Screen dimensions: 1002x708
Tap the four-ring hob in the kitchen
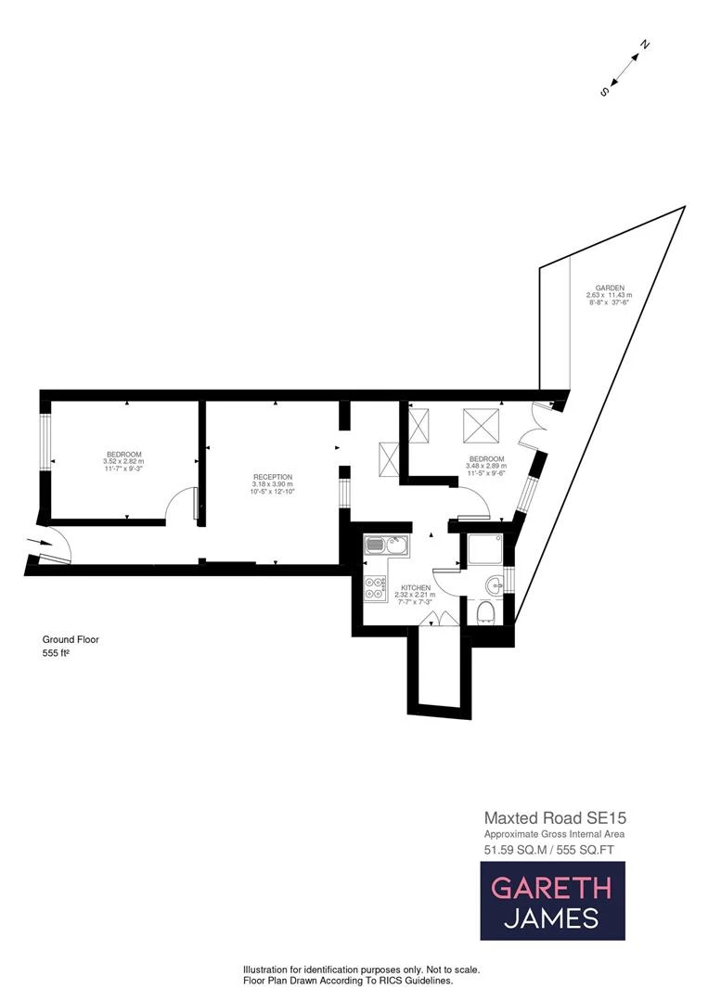376,587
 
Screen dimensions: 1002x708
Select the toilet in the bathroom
483,611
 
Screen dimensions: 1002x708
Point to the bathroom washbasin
495,584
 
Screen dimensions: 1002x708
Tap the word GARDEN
610,288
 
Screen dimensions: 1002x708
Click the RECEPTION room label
273,477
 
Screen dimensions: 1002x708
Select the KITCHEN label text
414,587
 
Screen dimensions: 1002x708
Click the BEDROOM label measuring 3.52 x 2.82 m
123,454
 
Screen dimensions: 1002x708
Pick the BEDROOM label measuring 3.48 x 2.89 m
486,459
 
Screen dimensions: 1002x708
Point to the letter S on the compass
605,91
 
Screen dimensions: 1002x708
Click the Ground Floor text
71,639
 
